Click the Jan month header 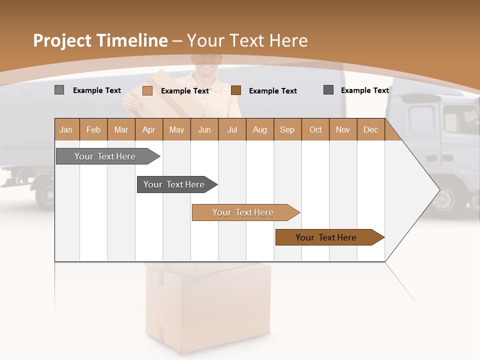pos(66,129)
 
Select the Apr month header pos(149,129)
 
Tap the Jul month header pos(232,129)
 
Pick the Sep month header pos(287,129)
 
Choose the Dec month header pos(370,129)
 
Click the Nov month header pos(343,129)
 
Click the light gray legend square pos(59,90)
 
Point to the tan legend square pos(147,90)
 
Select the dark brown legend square pos(236,90)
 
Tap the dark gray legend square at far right pos(328,89)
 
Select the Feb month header pos(93,129)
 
